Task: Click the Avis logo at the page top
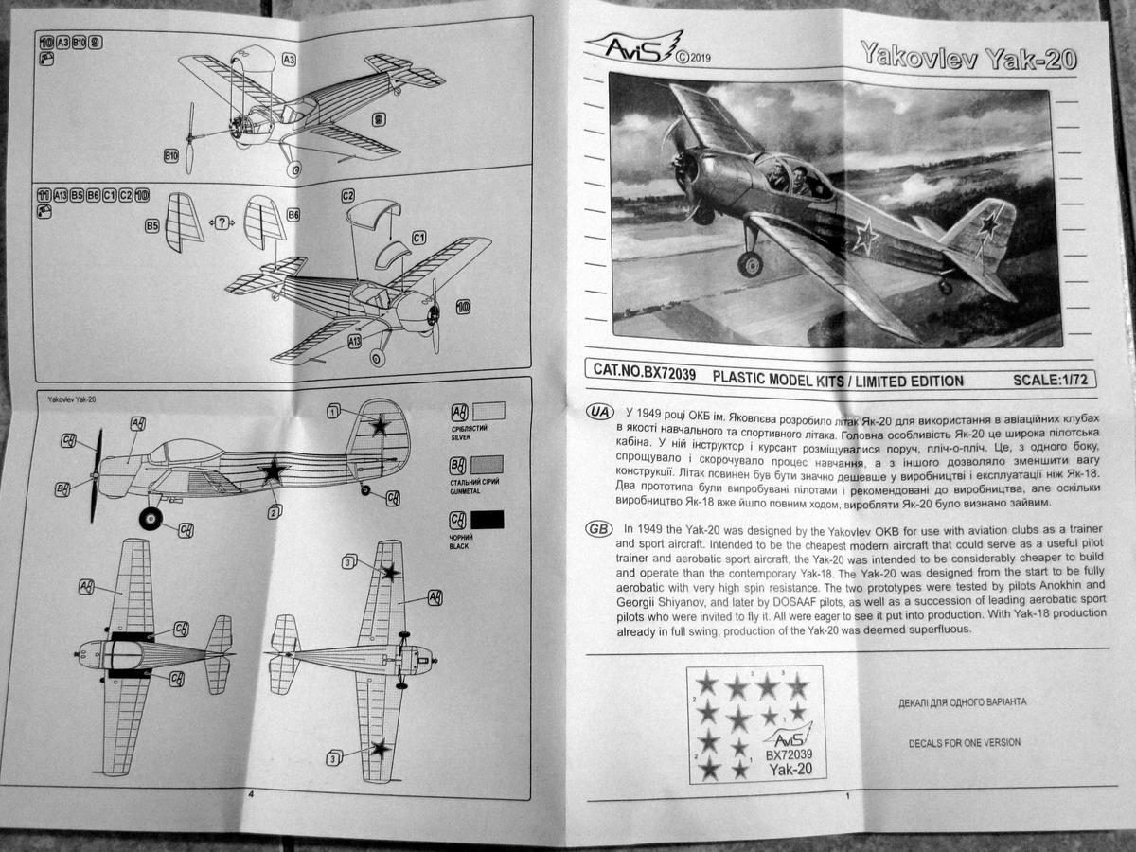point(636,46)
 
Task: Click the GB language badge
point(599,528)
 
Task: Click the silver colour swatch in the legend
point(488,412)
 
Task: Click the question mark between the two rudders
point(222,223)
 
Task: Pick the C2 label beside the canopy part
point(347,196)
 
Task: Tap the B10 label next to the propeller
point(171,154)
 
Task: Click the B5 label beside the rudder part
point(151,227)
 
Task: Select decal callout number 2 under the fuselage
point(275,512)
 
